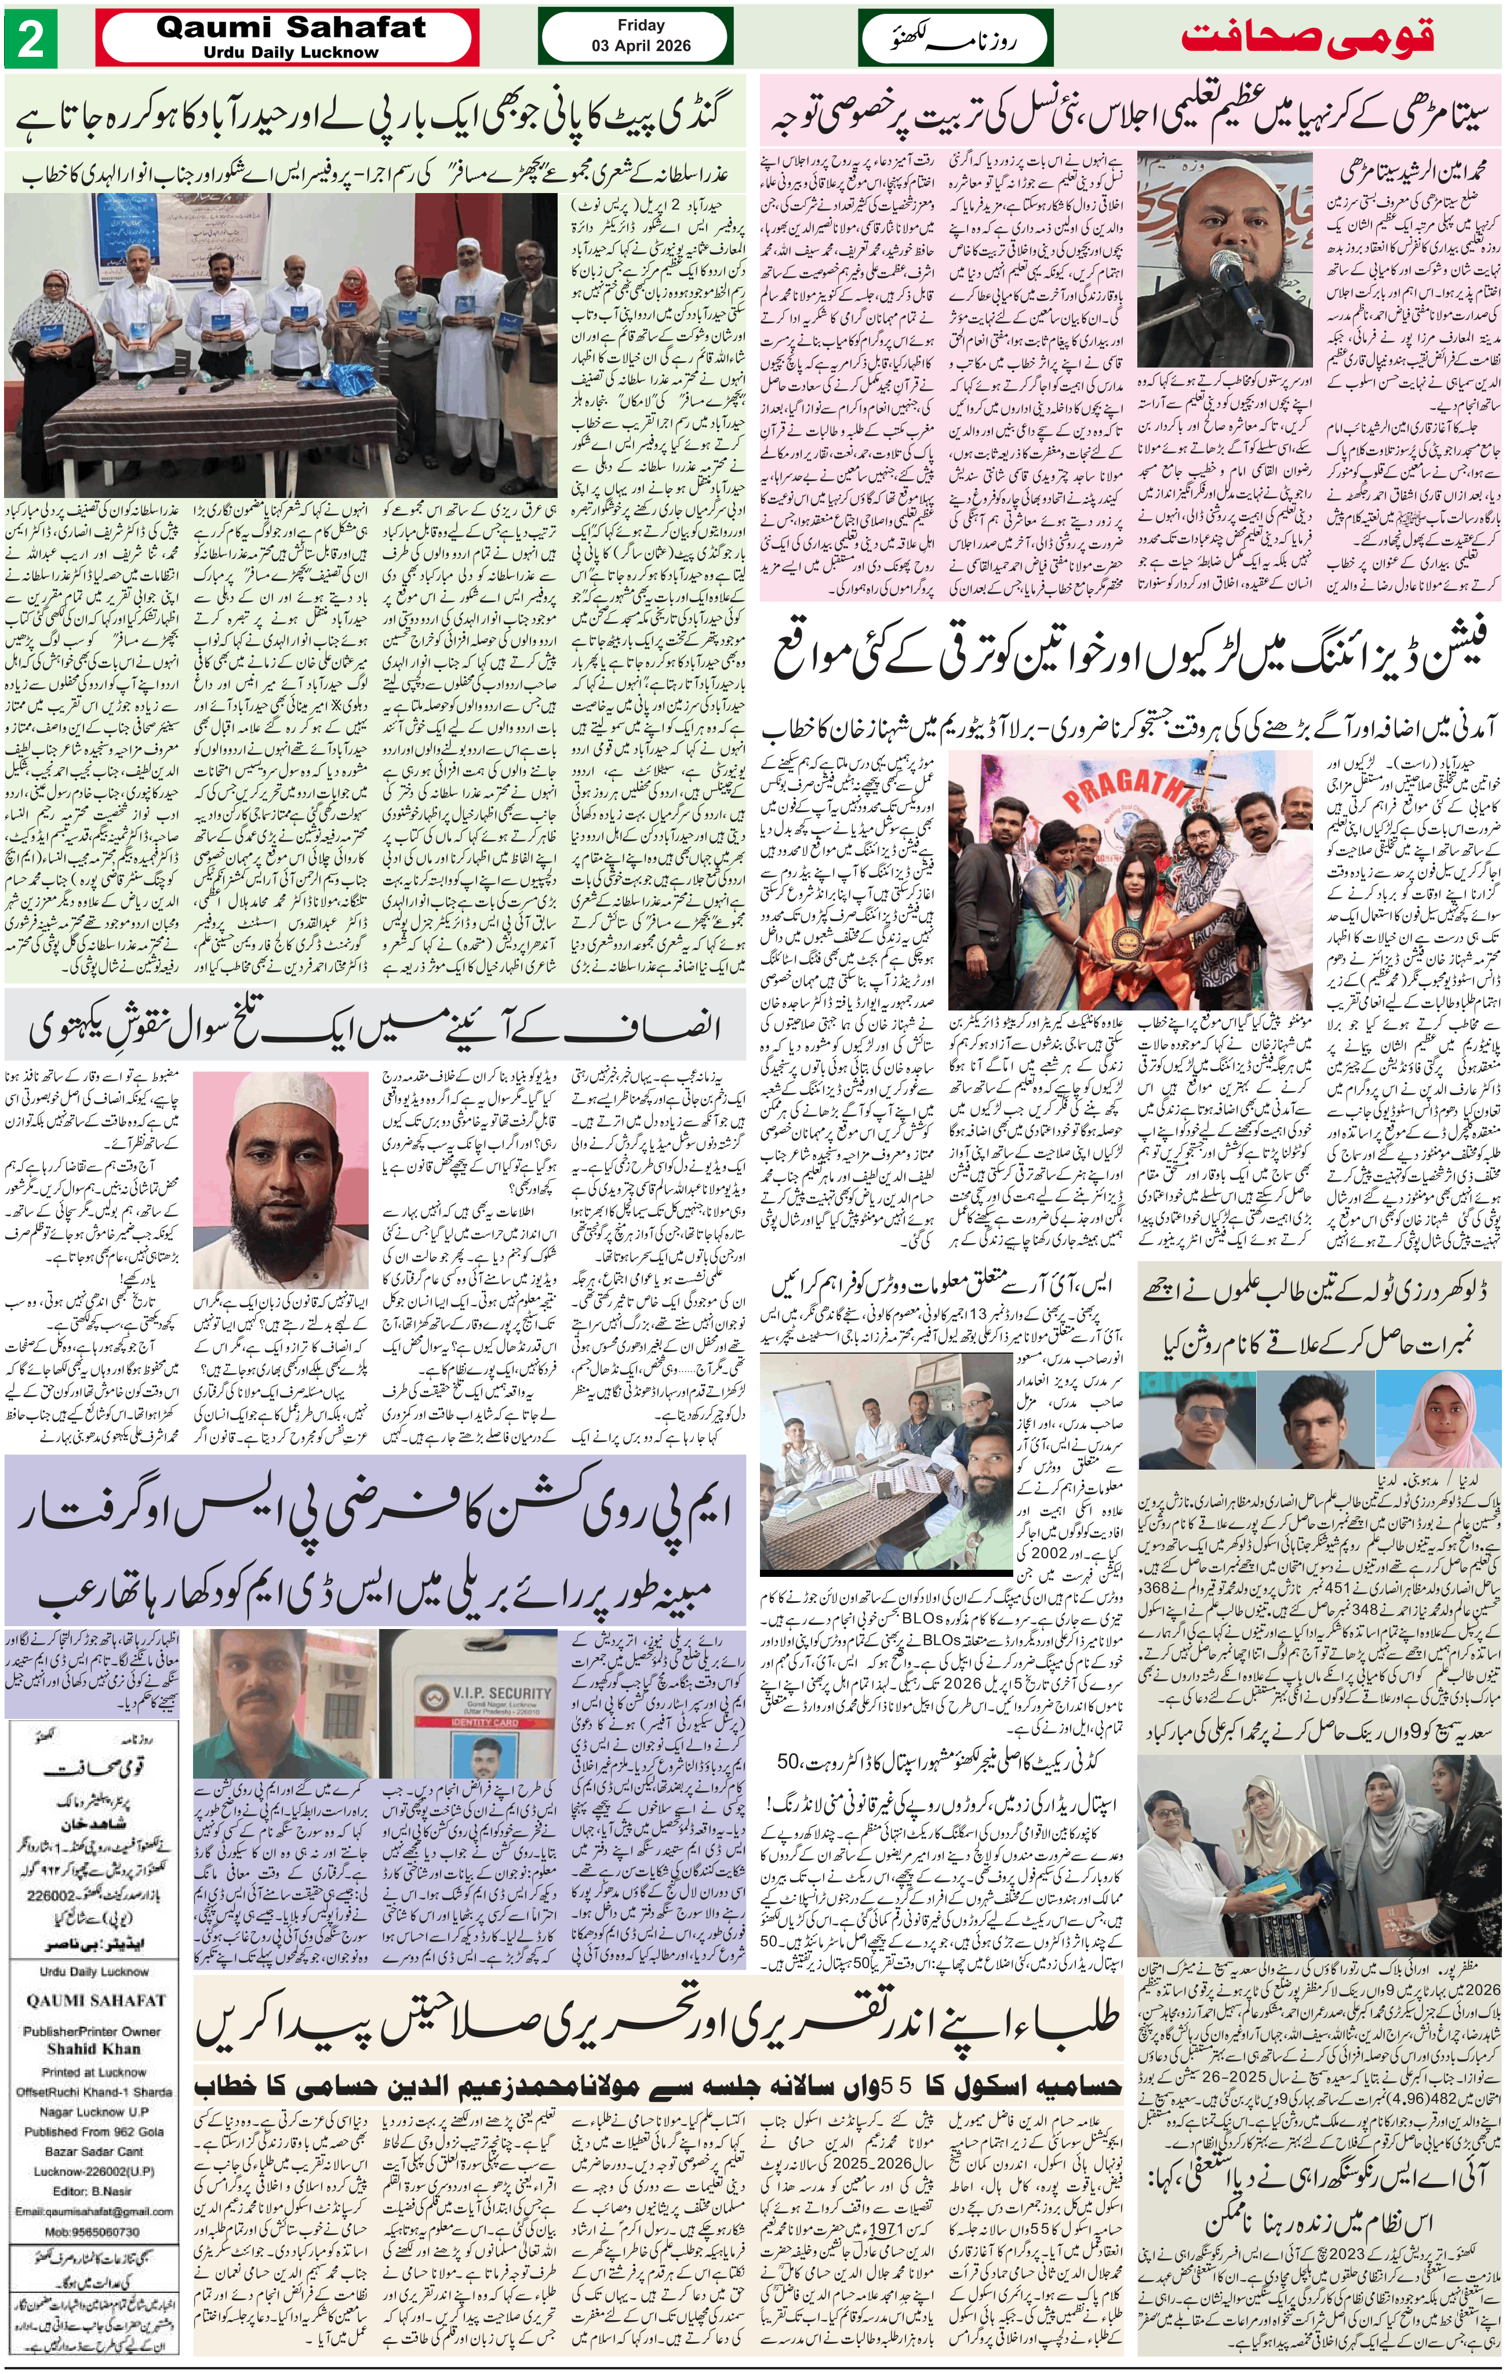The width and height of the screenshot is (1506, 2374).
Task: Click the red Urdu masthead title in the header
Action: point(1307,39)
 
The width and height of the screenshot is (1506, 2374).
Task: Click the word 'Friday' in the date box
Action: point(641,26)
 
